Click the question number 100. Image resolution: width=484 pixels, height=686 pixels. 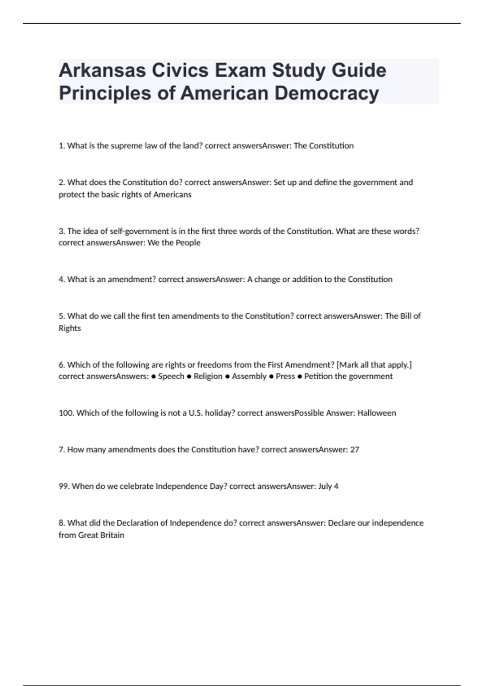click(66, 413)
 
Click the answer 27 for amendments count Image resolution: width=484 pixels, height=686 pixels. click(355, 450)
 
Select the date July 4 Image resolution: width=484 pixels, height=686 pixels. click(328, 486)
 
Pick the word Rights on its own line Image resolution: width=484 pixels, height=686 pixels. click(70, 328)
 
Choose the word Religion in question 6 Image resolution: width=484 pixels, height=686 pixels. click(208, 376)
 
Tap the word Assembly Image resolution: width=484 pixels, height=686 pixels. click(249, 376)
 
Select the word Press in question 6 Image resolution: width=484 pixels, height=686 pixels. click(285, 376)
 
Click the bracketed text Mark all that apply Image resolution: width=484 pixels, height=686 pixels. click(374, 365)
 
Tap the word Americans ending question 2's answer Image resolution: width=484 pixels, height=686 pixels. click(172, 195)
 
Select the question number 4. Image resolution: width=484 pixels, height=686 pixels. click(61, 279)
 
